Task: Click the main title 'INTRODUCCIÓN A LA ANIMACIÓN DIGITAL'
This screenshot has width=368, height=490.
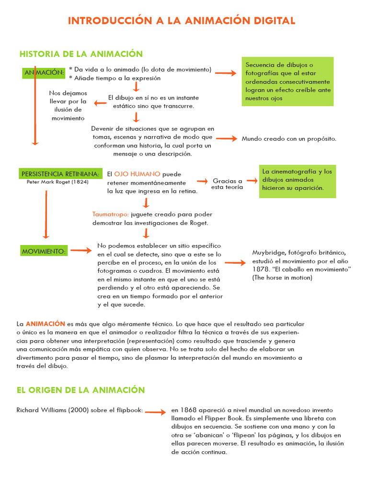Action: pos(182,21)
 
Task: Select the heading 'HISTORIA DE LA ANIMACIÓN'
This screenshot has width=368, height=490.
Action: pos(81,54)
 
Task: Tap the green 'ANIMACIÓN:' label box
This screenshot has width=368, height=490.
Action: pos(44,73)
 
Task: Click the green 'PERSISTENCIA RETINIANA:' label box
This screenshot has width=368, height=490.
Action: pos(60,174)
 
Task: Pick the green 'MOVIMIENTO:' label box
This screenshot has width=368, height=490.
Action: pos(44,251)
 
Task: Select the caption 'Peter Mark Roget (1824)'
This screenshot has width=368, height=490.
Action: pos(57,182)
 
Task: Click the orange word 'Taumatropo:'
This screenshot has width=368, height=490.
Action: pos(110,214)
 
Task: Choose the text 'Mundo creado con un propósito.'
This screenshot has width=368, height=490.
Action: pos(289,139)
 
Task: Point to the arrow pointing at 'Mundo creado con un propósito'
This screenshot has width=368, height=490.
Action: pos(227,138)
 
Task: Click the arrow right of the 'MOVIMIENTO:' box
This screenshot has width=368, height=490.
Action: pos(81,250)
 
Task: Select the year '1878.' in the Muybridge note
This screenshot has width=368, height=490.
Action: pos(260,269)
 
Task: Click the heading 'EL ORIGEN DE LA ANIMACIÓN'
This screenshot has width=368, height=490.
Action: pos(80,390)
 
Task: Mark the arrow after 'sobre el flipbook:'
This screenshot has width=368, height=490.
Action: pos(155,412)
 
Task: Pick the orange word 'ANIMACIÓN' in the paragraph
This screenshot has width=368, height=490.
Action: pos(45,324)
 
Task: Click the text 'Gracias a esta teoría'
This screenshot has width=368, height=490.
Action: pos(227,184)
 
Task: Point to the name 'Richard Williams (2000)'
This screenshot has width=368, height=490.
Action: pos(51,410)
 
